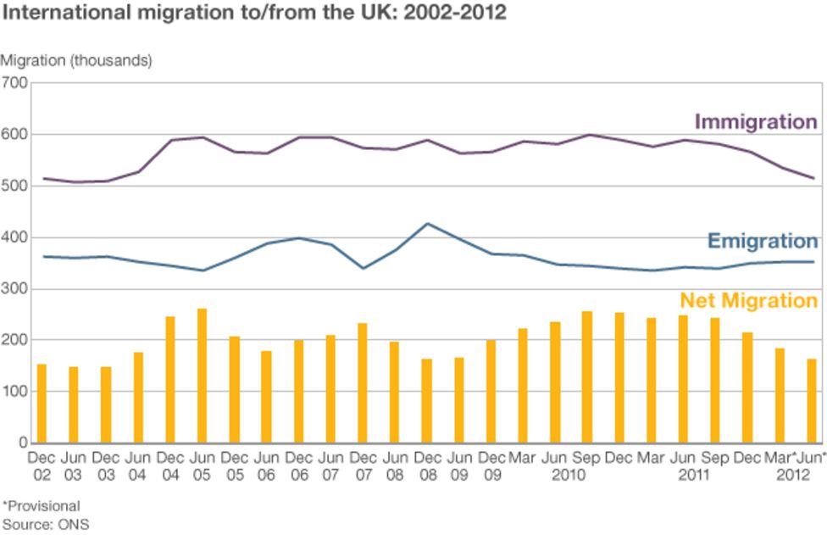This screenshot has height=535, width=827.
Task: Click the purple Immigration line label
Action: [x=755, y=121]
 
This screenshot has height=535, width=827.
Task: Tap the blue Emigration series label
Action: [x=762, y=241]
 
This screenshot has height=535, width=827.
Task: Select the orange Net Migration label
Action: [x=748, y=300]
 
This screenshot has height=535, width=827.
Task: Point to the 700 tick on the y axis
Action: [x=14, y=82]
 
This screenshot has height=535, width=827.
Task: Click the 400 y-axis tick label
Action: [x=14, y=237]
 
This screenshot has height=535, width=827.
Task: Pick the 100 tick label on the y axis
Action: [x=14, y=392]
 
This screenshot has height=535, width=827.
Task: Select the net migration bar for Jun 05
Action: [x=202, y=376]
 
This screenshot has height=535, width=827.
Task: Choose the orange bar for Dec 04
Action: [x=169, y=380]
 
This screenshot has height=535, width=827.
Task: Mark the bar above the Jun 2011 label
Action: [x=683, y=379]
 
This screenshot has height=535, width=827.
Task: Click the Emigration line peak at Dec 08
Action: [x=427, y=224]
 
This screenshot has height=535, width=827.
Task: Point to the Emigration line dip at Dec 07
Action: [x=363, y=268]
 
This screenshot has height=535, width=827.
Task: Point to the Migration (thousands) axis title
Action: [x=76, y=60]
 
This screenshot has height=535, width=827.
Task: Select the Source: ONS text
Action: [x=46, y=524]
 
